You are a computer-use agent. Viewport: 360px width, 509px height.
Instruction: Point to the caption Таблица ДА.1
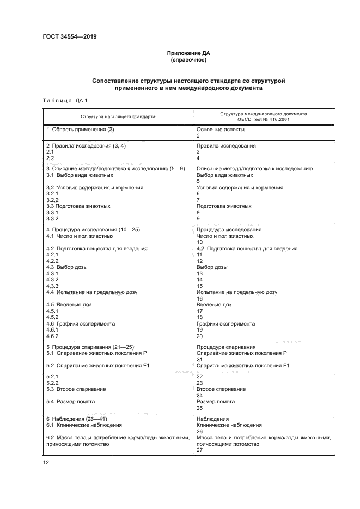(x=60, y=100)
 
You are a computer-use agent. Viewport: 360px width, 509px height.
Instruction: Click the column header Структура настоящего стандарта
(x=118, y=116)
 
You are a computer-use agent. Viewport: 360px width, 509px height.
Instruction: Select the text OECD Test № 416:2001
(x=263, y=119)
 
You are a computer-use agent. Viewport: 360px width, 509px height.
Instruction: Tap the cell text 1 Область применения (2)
(x=80, y=130)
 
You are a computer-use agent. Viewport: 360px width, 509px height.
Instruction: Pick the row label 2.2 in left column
(x=50, y=158)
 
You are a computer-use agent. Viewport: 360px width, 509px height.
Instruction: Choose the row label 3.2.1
(x=52, y=194)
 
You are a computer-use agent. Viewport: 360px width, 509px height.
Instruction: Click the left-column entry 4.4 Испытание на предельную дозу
(x=91, y=292)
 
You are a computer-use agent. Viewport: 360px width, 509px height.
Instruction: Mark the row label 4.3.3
(x=52, y=286)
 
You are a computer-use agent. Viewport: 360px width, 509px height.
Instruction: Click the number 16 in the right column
(x=199, y=299)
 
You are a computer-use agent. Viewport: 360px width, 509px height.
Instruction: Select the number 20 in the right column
(x=199, y=336)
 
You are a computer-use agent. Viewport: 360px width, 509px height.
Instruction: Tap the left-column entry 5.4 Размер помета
(x=70, y=402)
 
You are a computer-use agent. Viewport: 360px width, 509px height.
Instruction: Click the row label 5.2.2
(x=52, y=383)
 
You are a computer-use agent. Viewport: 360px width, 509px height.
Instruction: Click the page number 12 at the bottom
(x=46, y=462)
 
